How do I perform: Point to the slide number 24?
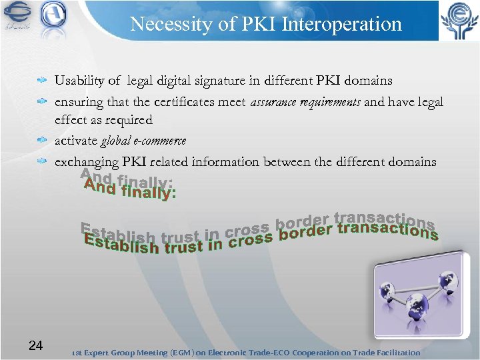point(36,345)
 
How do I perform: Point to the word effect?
point(70,120)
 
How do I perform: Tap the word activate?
point(76,141)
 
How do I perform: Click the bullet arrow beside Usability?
point(42,81)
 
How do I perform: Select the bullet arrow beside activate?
point(42,141)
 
